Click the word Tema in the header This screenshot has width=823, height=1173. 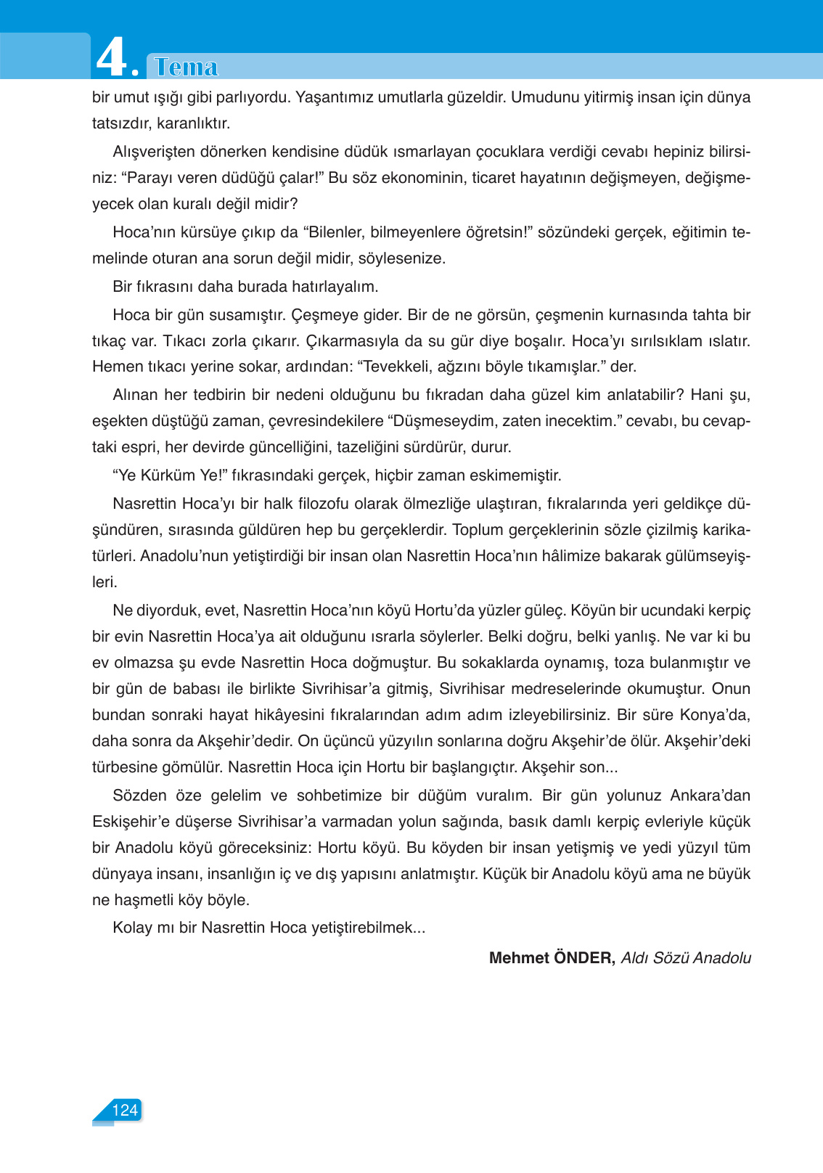(x=187, y=67)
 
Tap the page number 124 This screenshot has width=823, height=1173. (x=125, y=1110)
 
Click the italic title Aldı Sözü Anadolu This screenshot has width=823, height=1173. (x=686, y=957)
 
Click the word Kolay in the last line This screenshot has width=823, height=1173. (x=131, y=928)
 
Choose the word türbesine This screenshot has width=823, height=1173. (x=126, y=767)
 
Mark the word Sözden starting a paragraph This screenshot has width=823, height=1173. (x=139, y=796)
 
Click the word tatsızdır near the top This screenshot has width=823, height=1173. (x=121, y=123)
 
